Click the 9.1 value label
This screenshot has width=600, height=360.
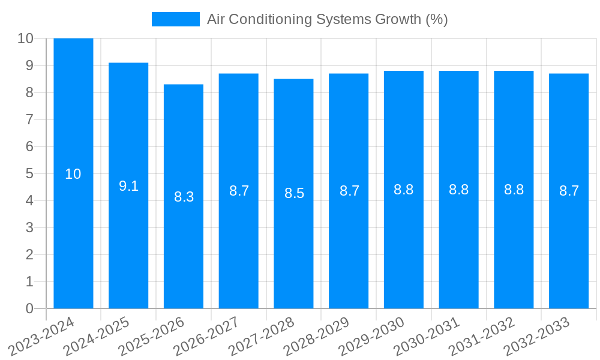(x=128, y=186)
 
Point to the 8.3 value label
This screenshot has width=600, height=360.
(x=184, y=197)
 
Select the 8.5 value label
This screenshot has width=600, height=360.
(x=294, y=193)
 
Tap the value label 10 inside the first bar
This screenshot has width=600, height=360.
(x=73, y=174)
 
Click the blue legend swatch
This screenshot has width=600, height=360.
(x=175, y=19)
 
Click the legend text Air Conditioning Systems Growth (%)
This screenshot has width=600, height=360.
(x=328, y=19)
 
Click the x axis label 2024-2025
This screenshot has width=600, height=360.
(x=98, y=337)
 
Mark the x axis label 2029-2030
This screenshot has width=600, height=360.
(x=373, y=337)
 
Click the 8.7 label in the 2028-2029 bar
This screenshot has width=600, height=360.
(x=349, y=191)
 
